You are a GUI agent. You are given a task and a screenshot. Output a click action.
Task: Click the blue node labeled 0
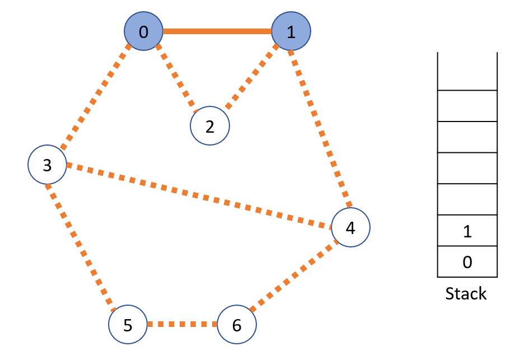pos(143,32)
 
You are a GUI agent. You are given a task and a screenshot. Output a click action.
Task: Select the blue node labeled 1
pos(291,32)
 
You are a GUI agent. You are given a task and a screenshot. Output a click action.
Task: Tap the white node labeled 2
pos(210,127)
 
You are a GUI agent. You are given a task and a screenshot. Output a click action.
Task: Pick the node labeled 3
pos(48,165)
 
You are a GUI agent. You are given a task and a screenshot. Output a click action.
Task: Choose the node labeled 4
pos(350,227)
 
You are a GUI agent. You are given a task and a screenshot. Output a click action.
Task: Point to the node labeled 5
pos(128,325)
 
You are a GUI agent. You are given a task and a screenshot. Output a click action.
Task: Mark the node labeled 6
pos(236,325)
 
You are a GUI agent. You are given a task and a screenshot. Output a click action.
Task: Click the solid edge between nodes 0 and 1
pos(217,32)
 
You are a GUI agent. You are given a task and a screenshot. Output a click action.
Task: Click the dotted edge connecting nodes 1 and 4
pos(320,128)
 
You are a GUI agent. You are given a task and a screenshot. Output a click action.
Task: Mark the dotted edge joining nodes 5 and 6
pos(182,325)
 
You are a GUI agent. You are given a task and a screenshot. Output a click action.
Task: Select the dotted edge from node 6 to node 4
pos(293,276)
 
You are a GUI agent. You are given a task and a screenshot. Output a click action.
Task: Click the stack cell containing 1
pos(467,231)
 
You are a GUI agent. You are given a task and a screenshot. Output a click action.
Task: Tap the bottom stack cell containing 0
pos(467,261)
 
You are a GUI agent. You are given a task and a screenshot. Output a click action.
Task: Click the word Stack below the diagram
pos(466,293)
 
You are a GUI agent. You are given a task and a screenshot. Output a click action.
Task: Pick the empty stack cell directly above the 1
pos(467,199)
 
